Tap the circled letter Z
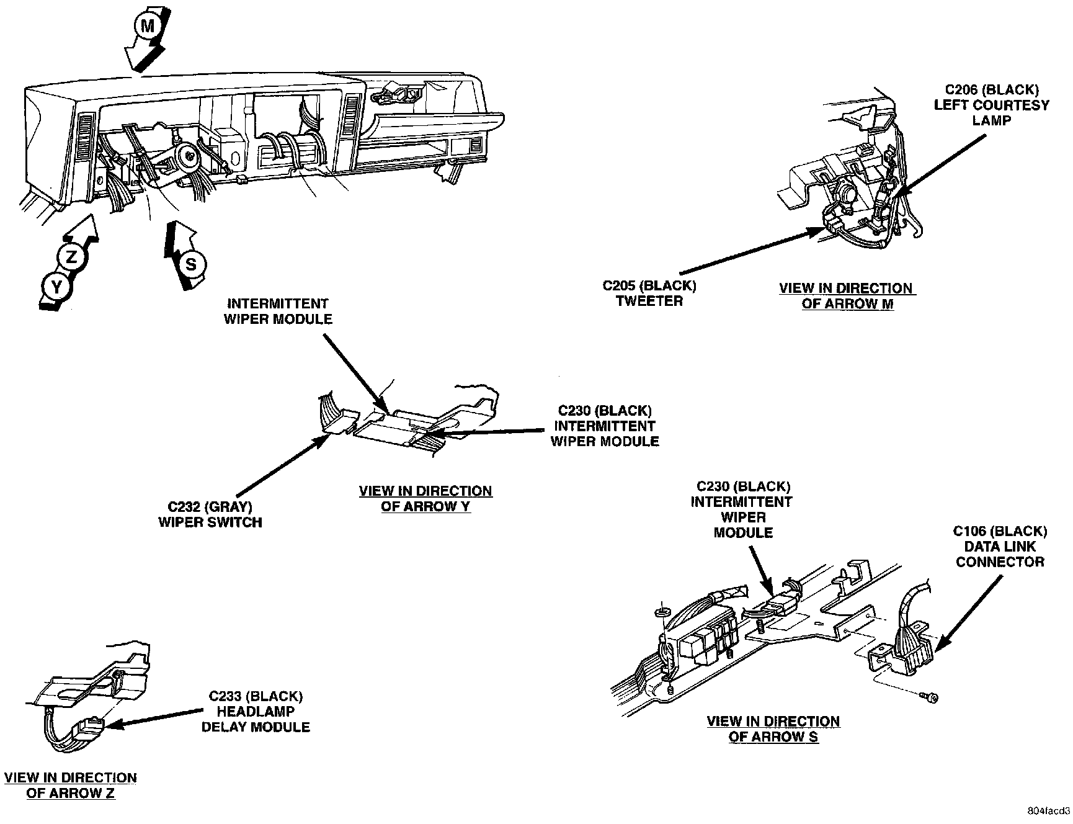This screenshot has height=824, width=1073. click(x=71, y=256)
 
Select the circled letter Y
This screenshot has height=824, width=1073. click(x=56, y=287)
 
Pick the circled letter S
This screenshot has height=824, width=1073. click(x=191, y=264)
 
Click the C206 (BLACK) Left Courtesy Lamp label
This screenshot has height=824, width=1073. click(x=991, y=105)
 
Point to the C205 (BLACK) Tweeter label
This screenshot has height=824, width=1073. click(x=649, y=293)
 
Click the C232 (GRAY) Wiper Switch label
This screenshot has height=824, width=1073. click(x=210, y=514)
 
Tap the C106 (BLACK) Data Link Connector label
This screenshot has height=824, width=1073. click(x=1000, y=547)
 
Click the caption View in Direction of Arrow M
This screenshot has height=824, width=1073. click(x=847, y=296)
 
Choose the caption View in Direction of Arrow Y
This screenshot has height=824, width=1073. click(x=425, y=498)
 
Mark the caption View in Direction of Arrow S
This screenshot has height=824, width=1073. click(x=773, y=729)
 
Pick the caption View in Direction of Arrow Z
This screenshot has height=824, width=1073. click(x=70, y=785)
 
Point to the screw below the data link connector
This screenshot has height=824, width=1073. click(x=930, y=699)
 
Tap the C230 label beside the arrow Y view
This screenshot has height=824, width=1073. click(x=605, y=426)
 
